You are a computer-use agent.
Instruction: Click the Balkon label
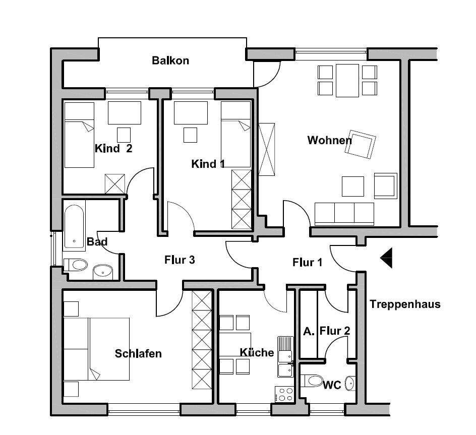click(170, 60)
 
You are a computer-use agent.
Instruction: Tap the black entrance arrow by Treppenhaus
click(386, 258)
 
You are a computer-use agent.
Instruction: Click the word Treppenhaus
click(405, 304)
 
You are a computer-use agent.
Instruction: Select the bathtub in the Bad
click(74, 227)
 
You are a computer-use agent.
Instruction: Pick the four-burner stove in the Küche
click(284, 394)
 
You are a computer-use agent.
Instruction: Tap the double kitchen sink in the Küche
click(285, 357)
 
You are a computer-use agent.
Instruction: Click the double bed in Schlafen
click(96, 349)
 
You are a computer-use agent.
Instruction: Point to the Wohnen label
click(329, 140)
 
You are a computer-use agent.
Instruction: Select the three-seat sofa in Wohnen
click(344, 214)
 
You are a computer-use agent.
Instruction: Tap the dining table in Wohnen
click(347, 81)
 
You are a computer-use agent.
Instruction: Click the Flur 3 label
click(180, 260)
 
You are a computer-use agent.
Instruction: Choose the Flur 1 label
click(307, 262)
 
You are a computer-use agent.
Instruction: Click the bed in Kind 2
click(79, 135)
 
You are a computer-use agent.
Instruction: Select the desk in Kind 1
click(191, 112)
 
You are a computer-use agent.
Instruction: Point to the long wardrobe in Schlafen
click(202, 340)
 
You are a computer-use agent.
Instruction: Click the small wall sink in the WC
click(350, 384)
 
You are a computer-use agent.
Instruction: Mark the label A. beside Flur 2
click(309, 332)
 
